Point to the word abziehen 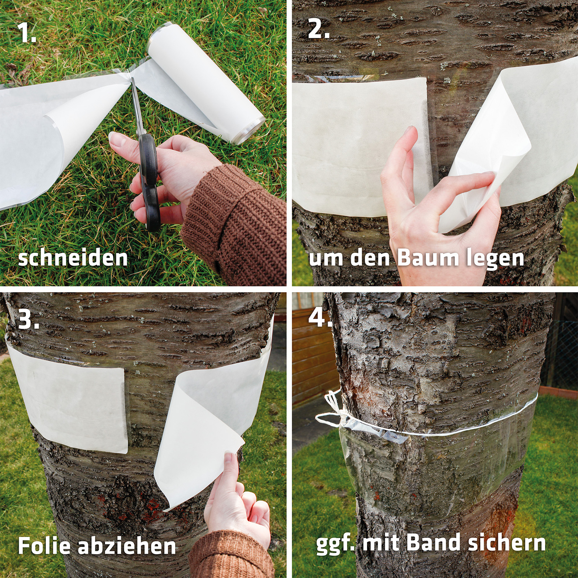pyautogui.click(x=126, y=545)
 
